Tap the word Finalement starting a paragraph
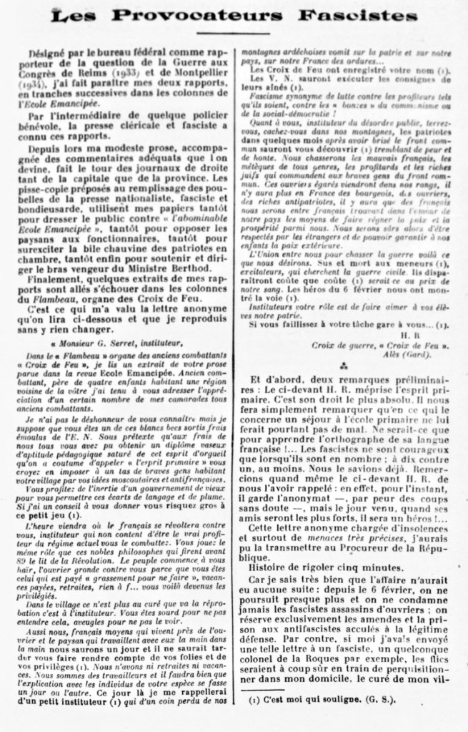(x=59, y=279)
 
